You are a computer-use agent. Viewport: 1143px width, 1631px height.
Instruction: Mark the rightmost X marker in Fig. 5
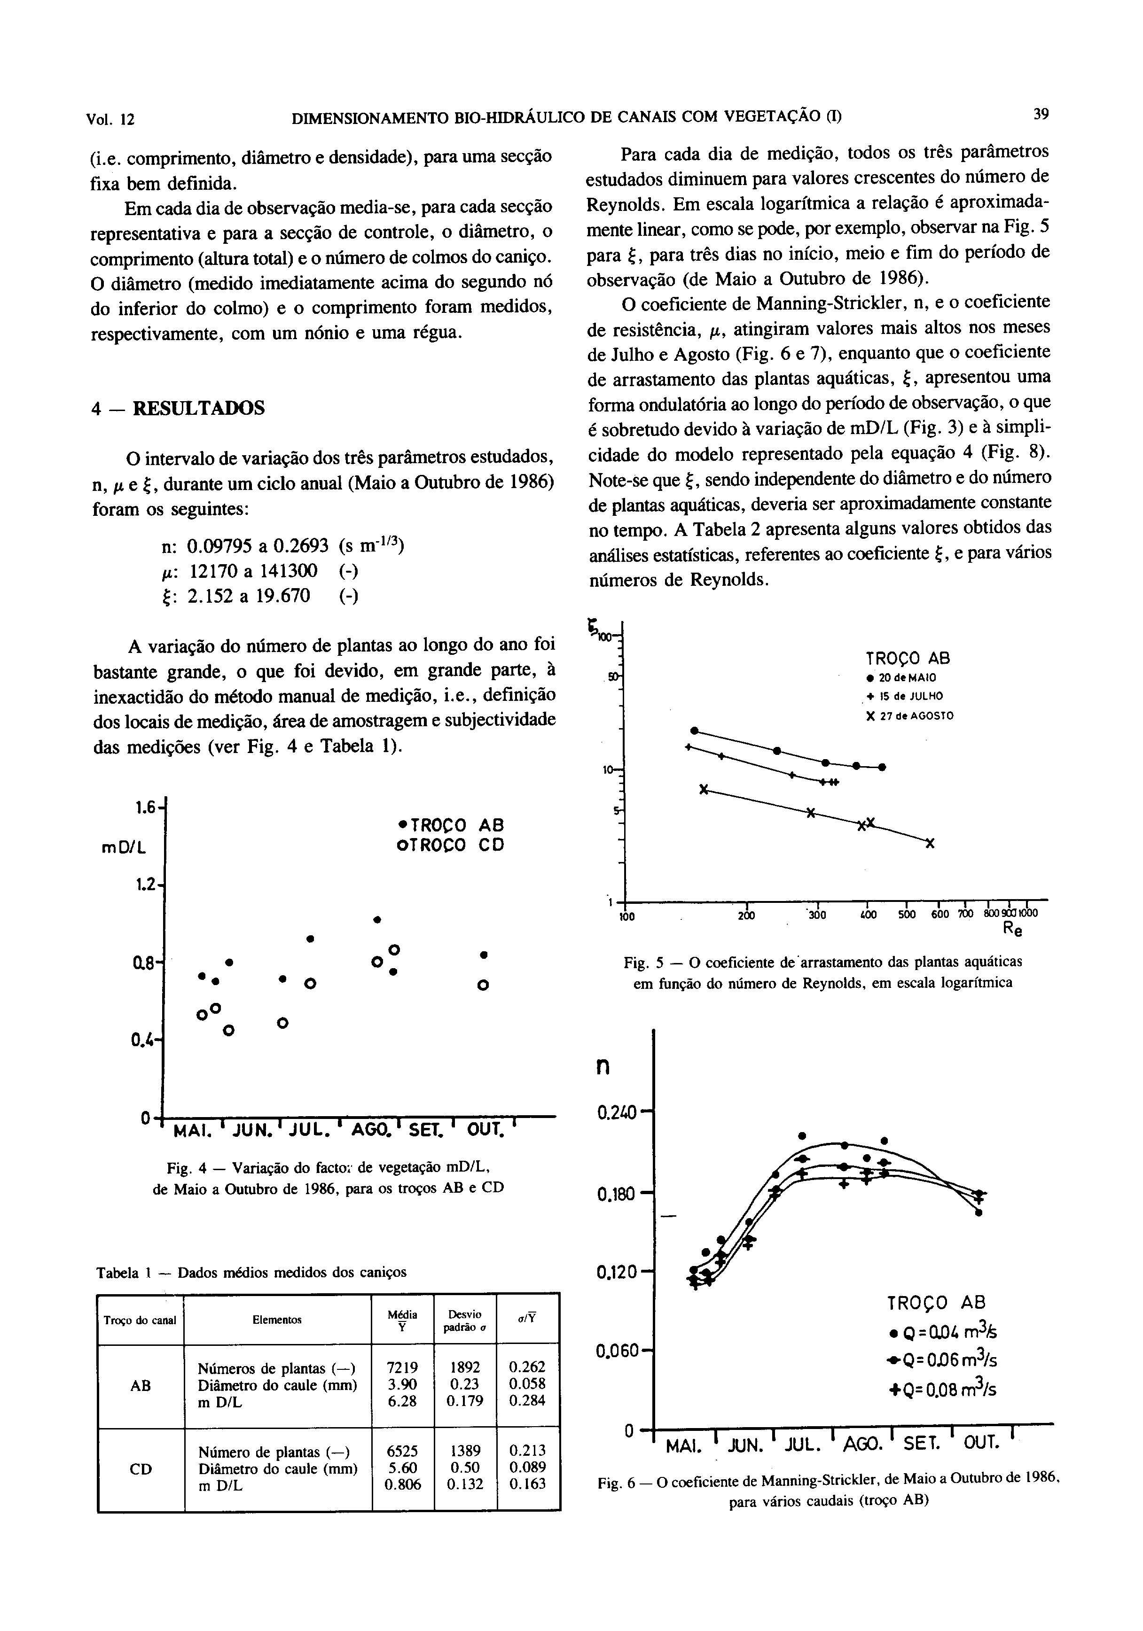[x=930, y=843]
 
